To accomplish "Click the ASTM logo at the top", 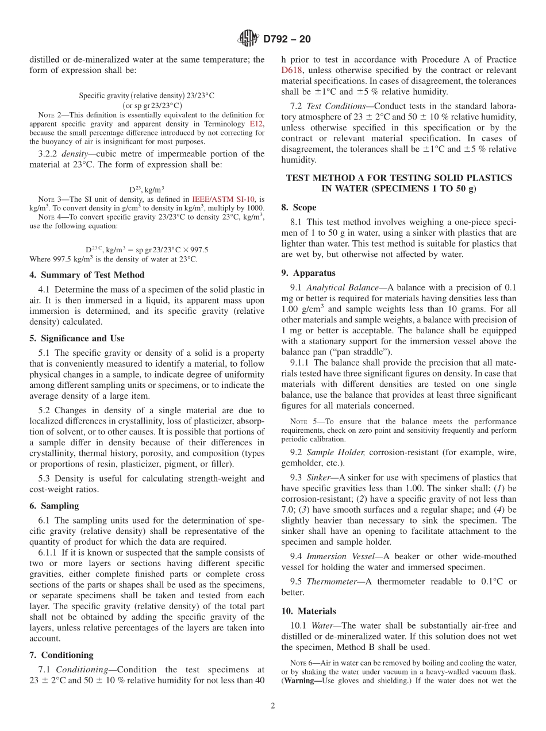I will point(248,39).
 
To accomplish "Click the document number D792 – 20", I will point(287,39).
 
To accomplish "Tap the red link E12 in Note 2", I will point(256,124).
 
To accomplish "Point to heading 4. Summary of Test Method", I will point(87,275).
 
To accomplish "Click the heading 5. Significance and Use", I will point(76,338).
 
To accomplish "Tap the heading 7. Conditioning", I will point(61,655).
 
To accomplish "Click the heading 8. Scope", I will point(299,207).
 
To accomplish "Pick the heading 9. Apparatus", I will point(308,273).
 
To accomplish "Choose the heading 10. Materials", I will point(309,611).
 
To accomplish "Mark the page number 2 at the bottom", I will point(273,706).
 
